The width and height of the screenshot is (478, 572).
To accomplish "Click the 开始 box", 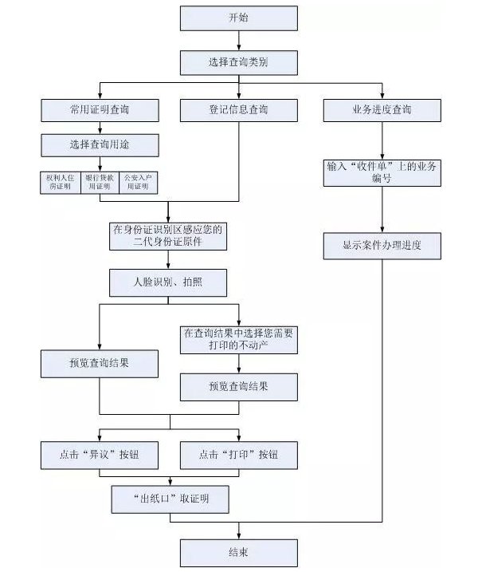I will (238, 18).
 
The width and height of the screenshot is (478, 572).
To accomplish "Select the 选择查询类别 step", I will (238, 62).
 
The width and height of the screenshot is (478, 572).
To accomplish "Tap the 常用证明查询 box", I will (100, 110).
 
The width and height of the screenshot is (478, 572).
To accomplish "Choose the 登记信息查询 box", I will (238, 110).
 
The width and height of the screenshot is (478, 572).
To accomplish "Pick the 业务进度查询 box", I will (382, 110).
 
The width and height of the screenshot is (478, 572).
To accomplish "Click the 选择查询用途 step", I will (100, 145).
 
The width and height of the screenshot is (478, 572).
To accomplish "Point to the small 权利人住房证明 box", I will (61, 183).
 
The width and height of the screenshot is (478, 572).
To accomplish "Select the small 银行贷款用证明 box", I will (100, 183).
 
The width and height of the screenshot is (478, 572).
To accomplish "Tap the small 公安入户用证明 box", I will (138, 183).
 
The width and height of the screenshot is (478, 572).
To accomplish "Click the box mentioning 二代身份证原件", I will (169, 235).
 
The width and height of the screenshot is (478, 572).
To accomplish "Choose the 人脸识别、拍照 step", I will (169, 282).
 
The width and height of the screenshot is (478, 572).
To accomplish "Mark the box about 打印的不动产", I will (238, 339).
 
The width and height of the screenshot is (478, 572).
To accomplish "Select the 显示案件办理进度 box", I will (382, 246).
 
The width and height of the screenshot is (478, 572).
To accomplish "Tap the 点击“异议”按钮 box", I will (100, 455).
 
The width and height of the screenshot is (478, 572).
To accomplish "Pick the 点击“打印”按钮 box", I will (238, 455).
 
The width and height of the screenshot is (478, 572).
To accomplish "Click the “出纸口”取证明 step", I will (169, 499).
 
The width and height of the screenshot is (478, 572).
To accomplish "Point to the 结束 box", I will (238, 552).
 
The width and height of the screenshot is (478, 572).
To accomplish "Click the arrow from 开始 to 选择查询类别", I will (238, 40).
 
